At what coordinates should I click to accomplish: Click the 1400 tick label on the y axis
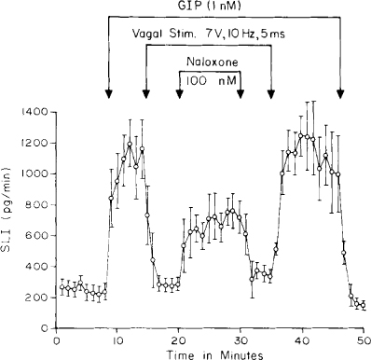(x=36, y=112)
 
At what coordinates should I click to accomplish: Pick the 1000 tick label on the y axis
(x=36, y=173)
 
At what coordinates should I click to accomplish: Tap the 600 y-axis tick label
(x=40, y=235)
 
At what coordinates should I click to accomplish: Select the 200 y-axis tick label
(x=40, y=297)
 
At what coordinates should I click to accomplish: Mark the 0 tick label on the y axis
(x=48, y=327)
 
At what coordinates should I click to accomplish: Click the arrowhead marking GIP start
(x=110, y=93)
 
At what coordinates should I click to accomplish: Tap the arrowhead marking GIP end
(x=340, y=93)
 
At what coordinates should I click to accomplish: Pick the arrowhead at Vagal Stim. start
(x=145, y=93)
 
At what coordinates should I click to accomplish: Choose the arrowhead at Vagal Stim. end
(x=272, y=93)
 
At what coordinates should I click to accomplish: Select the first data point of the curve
(x=62, y=288)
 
